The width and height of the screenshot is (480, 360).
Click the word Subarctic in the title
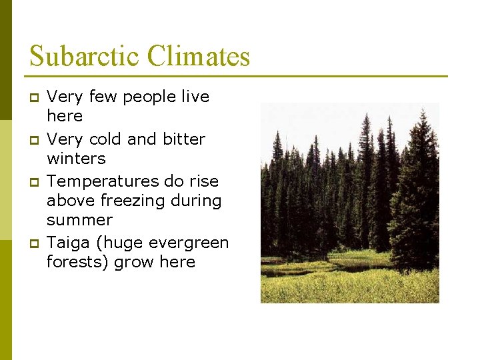pyautogui.click(x=85, y=56)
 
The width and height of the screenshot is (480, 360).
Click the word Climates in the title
pyautogui.click(x=199, y=56)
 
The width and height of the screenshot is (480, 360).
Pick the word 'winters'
pyautogui.click(x=76, y=159)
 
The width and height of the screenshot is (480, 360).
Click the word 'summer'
pyautogui.click(x=79, y=220)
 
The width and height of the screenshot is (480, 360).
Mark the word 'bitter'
pyautogui.click(x=183, y=139)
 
